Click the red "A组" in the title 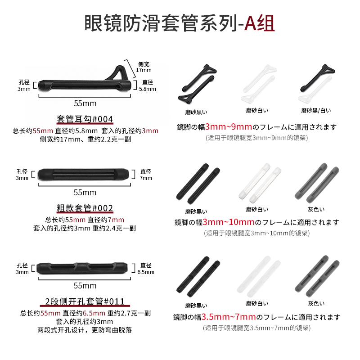pos(259,23)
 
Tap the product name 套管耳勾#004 pos(85,119)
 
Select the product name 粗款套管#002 pos(85,208)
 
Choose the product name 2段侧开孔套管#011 pos(85,301)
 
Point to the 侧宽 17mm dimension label pos(144,67)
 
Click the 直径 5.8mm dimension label pos(148,85)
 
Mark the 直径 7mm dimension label pos(146,175)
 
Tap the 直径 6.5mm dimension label pos(147,269)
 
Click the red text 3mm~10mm pos(228,222)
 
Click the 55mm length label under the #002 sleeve pos(85,192)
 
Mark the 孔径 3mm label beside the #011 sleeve pos(22,269)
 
